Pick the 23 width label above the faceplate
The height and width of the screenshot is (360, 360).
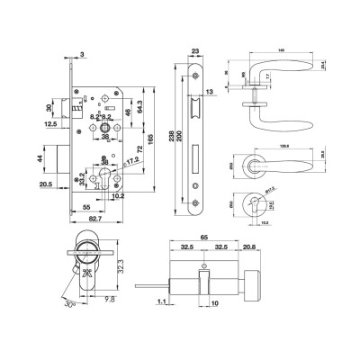click(x=197, y=52)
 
